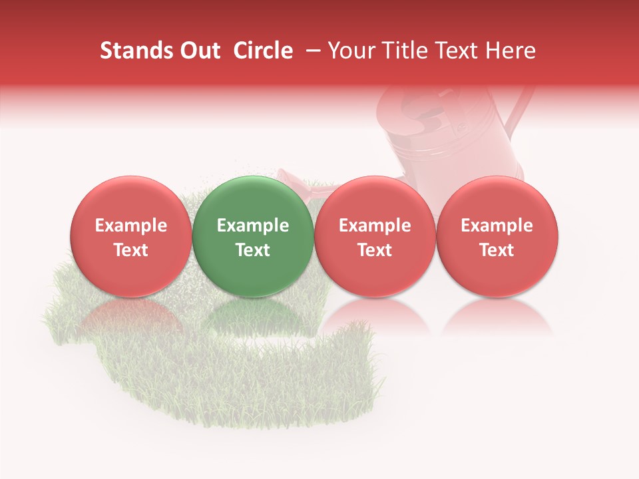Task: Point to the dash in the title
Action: (310, 51)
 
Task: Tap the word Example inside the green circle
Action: (252, 226)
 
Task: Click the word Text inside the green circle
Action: (252, 249)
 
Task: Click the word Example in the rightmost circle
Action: (497, 226)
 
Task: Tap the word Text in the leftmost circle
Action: (130, 249)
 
